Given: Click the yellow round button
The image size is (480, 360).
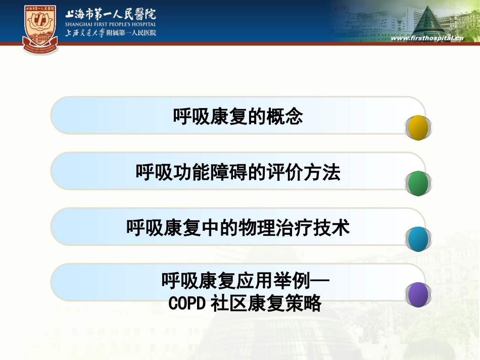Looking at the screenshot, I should pos(418,128).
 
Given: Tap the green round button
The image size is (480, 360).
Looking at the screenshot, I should pos(418,184).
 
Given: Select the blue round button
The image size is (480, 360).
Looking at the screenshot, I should pos(418,239).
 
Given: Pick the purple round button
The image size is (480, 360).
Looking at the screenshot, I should pos(418,295).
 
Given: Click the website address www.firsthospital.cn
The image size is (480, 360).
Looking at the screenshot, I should pos(427,39).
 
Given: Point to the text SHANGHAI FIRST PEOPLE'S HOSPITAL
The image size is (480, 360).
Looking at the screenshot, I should pos(110,24).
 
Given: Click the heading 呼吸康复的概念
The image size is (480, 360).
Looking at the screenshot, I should pos(238,117).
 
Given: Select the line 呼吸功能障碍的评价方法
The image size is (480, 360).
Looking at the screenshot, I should pos(238,173).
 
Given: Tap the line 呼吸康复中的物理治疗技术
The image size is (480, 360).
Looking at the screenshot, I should pos(238,228).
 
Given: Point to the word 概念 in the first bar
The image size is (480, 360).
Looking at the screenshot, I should pos(290,117).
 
